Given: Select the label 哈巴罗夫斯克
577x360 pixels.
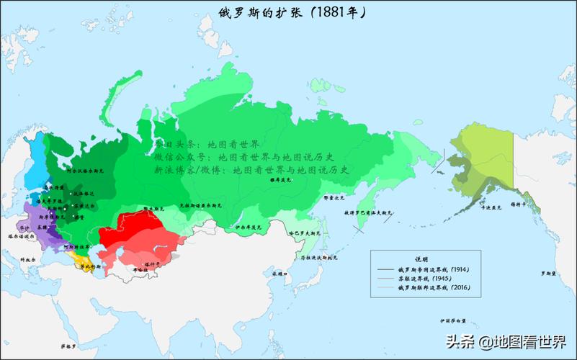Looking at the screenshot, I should point(303,233).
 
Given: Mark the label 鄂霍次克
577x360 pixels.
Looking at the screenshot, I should point(335,196).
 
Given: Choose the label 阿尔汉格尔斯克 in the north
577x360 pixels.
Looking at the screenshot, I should point(86,172).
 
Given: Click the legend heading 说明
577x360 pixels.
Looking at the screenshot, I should point(421,258).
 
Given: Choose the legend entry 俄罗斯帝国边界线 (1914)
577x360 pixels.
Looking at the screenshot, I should point(433,269).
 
